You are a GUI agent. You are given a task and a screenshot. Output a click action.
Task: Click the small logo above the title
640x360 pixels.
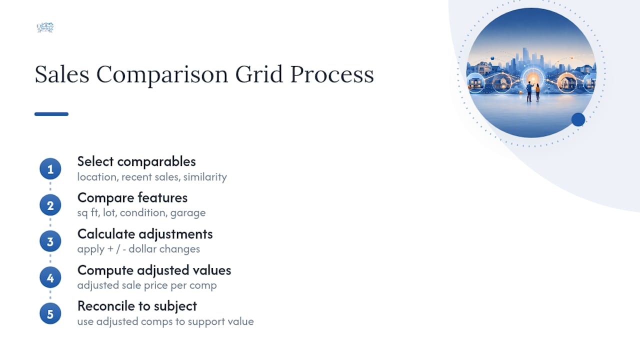coord(45,27)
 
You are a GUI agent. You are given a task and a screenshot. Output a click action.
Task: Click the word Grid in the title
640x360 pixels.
coord(259,74)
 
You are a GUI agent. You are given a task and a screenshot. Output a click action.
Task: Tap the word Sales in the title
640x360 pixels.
coord(62,74)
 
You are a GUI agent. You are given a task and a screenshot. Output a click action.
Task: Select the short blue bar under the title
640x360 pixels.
coord(51,114)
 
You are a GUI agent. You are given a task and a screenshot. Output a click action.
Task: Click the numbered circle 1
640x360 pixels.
coord(50,169)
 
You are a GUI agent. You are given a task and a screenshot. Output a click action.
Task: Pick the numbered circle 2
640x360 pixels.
coord(50,205)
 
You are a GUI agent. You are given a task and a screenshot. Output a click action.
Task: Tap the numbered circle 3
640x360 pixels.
coord(50,241)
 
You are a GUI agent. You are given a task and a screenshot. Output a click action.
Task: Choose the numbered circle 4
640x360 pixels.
coord(50,277)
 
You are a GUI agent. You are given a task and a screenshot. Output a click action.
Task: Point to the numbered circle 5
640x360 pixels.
coord(50,313)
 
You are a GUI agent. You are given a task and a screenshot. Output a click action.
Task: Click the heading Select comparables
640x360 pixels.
coord(136,162)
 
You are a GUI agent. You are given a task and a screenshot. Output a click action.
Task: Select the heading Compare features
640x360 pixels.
coord(132,198)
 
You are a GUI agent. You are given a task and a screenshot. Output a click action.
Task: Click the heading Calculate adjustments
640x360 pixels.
coord(145,234)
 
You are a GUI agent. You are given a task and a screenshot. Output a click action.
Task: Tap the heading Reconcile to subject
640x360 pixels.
coord(137,306)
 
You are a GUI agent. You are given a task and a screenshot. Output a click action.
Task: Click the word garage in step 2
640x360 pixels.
coord(188,213)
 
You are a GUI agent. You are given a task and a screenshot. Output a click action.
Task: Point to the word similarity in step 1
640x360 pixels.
coord(205,177)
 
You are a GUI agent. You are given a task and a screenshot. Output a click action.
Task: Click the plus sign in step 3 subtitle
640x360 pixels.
coord(110,249)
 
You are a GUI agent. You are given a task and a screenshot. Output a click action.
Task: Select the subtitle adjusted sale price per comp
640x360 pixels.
coord(147,285)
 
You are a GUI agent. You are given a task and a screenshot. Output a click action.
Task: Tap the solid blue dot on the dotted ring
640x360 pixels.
coord(578,119)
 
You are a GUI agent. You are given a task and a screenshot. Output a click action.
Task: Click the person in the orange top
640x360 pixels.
coord(537,92)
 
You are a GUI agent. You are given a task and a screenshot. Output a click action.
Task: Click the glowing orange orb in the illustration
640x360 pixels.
coord(533,78)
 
